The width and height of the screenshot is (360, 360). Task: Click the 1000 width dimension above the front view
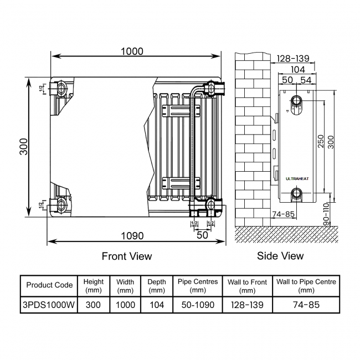pos(132,52)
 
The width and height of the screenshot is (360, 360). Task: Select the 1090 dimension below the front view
pos(132,235)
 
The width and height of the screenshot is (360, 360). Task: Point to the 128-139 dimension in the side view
pos(293,59)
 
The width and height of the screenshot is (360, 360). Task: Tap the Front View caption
pos(127,256)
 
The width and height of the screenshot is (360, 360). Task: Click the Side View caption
pos(280,256)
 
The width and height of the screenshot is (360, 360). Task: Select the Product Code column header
pos(49,285)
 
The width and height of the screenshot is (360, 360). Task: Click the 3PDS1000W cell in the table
pos(49,305)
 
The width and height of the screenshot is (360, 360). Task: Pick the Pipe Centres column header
pos(198,285)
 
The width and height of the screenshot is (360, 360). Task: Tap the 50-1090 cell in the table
pos(198,305)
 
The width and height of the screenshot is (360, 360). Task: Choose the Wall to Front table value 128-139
pos(247,305)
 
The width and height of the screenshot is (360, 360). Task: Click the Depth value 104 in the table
pos(157,305)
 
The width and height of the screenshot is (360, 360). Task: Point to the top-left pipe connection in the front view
pos(60,88)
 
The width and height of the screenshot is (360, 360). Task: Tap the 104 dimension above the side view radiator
pos(298,69)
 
